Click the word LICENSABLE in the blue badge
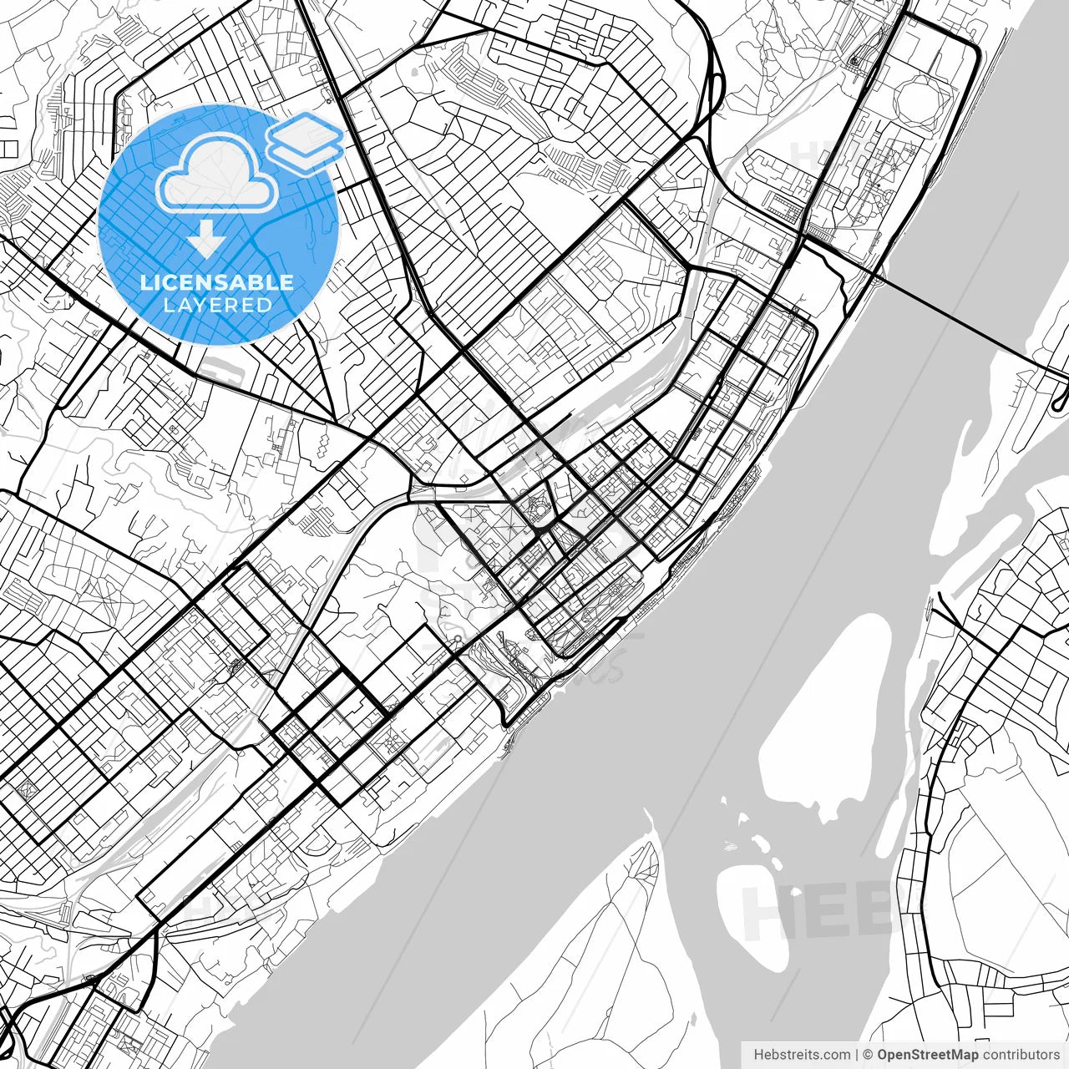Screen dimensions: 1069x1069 (217, 282)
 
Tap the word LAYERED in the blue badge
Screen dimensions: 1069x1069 (217, 305)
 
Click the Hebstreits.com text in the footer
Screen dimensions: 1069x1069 (802, 1055)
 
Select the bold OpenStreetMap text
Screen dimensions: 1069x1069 (927, 1055)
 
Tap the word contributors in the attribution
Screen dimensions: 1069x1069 (1021, 1055)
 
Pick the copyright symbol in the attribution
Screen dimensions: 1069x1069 (868, 1055)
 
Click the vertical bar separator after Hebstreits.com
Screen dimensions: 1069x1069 (858, 1055)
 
